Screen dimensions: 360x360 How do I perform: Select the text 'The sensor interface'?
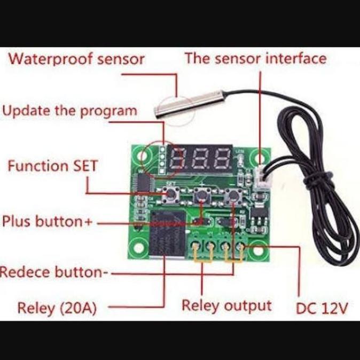click(255, 58)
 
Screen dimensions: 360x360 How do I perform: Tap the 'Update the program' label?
click(69, 111)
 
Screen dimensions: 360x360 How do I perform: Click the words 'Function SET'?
click(52, 166)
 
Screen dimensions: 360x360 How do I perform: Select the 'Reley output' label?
click(226, 306)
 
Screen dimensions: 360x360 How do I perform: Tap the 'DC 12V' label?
click(322, 308)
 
